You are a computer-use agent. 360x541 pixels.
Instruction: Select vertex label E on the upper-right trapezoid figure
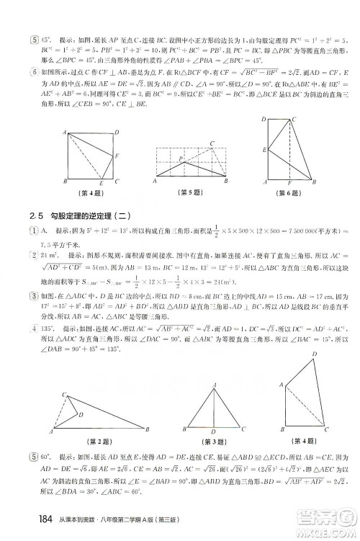pos(264,149)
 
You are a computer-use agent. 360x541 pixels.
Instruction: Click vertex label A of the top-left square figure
pos(66,131)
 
